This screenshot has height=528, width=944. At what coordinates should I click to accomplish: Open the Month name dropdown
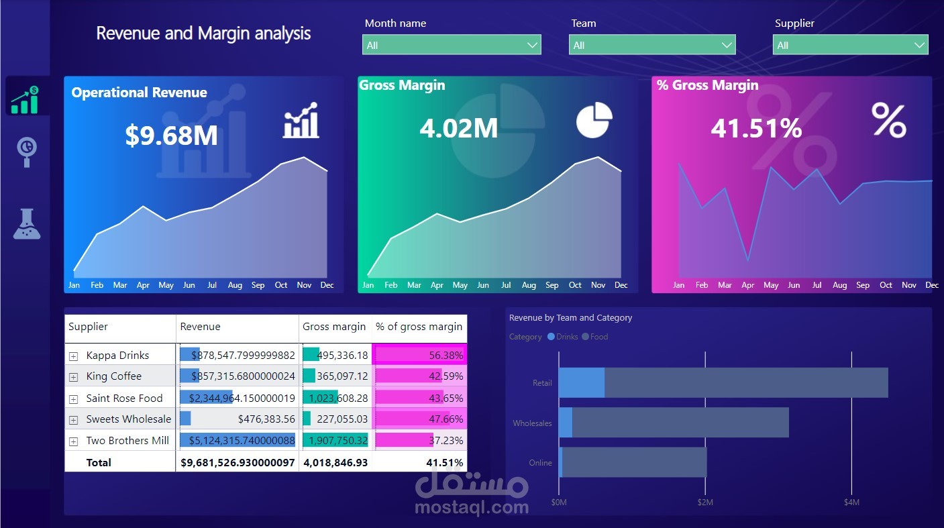[451, 46]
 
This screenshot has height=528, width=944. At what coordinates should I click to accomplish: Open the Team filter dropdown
[651, 46]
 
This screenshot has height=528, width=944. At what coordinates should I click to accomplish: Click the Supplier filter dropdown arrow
[919, 46]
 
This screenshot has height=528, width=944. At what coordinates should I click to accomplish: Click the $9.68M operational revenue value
[172, 136]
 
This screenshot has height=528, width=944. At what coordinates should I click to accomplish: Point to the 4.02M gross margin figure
[459, 128]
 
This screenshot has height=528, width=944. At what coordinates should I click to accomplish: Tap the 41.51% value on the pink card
[756, 128]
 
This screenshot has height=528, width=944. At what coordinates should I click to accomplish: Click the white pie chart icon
[594, 120]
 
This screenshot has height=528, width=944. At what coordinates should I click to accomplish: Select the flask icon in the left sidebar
[27, 224]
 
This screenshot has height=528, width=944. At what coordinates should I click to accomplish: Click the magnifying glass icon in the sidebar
[27, 152]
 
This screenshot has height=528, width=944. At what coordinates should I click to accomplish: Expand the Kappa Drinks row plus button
[74, 356]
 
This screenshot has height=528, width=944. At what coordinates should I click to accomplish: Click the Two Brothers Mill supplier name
[127, 441]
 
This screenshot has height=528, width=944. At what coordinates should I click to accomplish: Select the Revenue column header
[201, 327]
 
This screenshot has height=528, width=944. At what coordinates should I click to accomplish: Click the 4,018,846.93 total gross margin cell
[335, 463]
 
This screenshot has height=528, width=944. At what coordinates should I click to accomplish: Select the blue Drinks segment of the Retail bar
[581, 382]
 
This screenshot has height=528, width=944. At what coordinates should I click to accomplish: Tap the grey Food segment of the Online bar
[634, 462]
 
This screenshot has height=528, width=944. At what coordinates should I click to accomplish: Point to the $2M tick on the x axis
[705, 503]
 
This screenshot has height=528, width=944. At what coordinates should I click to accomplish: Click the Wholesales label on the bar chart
[532, 423]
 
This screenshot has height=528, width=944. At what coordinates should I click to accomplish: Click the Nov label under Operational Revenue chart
[304, 285]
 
